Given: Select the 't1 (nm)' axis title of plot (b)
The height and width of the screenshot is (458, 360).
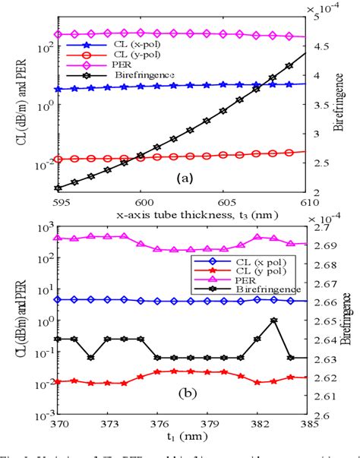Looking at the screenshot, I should tap(182, 438).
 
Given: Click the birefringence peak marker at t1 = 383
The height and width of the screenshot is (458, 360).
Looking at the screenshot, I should tap(274, 320).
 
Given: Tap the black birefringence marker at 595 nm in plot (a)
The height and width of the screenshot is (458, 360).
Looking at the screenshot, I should tap(58, 188).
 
